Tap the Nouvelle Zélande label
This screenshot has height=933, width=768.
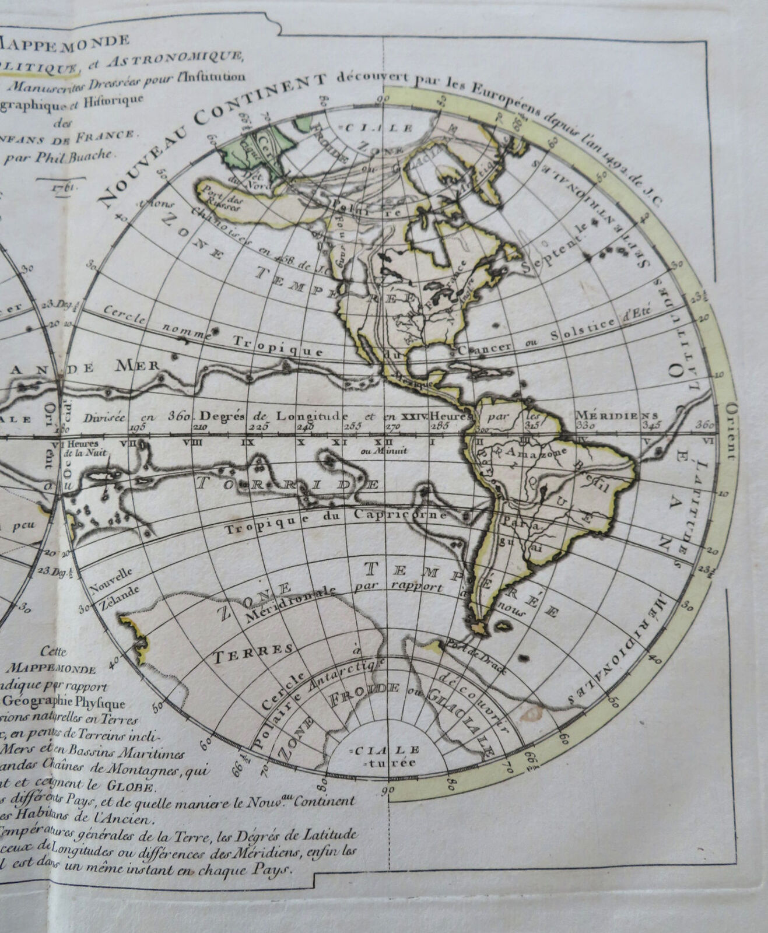click(113, 582)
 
